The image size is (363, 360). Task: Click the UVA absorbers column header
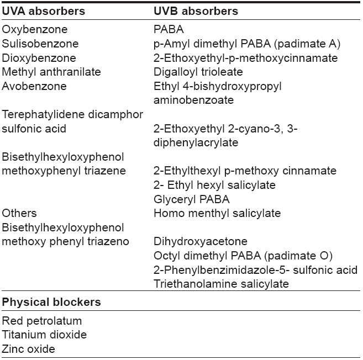44,11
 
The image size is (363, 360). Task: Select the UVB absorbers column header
196,11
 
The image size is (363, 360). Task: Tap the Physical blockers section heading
51,302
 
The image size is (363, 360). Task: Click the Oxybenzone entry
35,30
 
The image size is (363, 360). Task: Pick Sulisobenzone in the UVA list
40,44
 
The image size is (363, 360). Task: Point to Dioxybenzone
39,58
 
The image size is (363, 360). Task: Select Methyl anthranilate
51,72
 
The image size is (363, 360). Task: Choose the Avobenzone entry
34,86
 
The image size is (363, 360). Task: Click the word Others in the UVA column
19,213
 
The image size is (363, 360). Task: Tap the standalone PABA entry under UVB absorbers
169,29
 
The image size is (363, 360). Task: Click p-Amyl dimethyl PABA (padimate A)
247,44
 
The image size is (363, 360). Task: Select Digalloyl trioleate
198,72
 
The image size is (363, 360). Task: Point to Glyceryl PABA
192,199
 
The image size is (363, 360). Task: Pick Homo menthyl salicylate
217,213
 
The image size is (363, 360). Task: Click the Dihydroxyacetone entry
201,241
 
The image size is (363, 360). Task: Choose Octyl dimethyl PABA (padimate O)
243,256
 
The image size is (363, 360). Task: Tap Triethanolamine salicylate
222,284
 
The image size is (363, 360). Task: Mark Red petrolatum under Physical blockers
42,321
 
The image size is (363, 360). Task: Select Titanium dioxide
44,335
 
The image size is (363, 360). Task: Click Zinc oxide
29,349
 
